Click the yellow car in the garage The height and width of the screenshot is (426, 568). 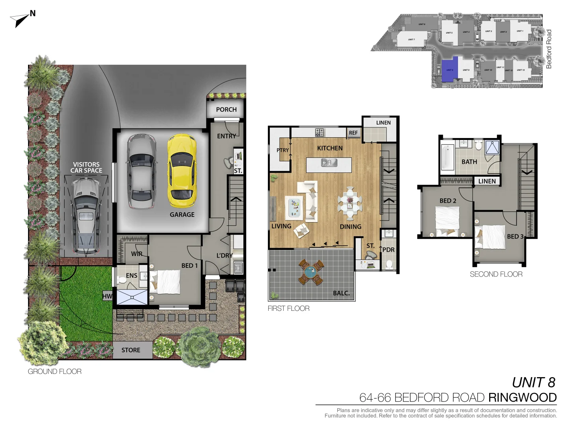click(x=182, y=170)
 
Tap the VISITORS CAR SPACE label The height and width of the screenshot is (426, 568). click(x=86, y=168)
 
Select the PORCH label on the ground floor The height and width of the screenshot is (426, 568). click(x=226, y=110)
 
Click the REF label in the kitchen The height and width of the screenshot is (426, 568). click(x=353, y=133)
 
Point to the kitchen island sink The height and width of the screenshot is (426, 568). click(x=329, y=162)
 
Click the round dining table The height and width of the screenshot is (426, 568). click(x=350, y=203)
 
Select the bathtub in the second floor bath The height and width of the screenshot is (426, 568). click(x=447, y=157)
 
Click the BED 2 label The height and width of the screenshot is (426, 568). click(x=448, y=201)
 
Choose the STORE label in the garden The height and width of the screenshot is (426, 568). click(x=131, y=350)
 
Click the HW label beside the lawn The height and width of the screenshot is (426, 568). click(x=107, y=296)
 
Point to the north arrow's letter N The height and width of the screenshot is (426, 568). click(x=33, y=13)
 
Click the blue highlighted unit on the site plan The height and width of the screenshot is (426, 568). click(x=450, y=70)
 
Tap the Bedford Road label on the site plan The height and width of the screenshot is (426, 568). click(x=549, y=49)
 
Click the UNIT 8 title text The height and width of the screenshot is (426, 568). click(x=533, y=383)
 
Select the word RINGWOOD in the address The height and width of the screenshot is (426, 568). click(x=522, y=398)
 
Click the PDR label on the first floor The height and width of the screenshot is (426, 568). click(x=389, y=250)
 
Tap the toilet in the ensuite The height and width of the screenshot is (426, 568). click(x=122, y=280)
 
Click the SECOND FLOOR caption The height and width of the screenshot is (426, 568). click(x=496, y=274)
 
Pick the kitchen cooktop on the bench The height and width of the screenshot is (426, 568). click(x=320, y=133)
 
